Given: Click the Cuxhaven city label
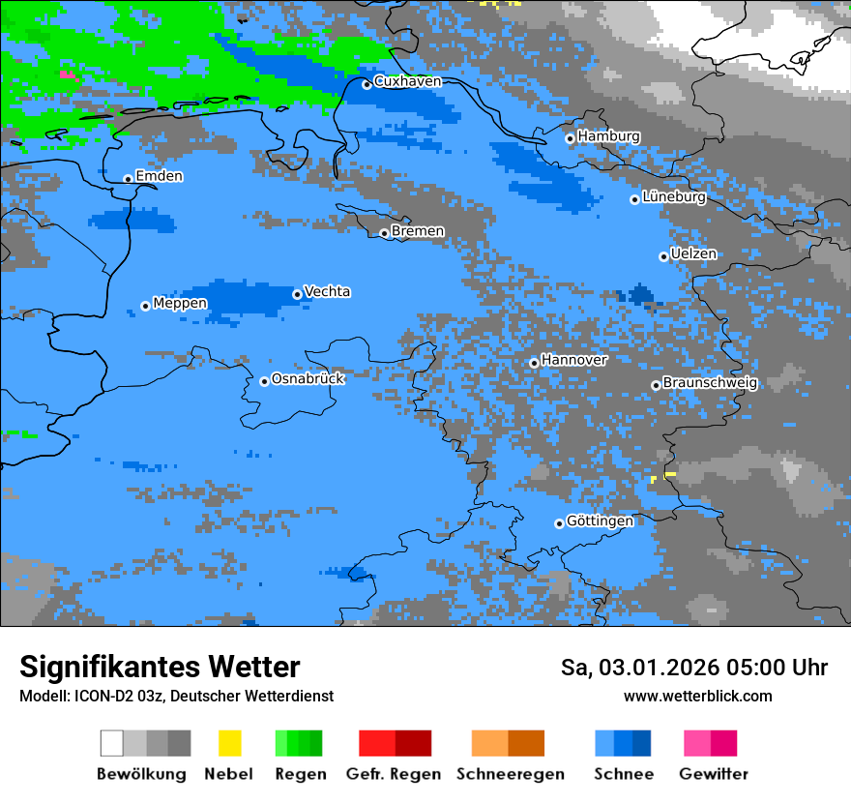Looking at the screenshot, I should click(x=407, y=81).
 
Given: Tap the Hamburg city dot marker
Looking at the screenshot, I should click(x=571, y=138).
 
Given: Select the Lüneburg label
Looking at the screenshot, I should click(x=674, y=197).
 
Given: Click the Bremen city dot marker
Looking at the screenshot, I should click(x=384, y=233).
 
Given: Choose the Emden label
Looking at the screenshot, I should click(x=159, y=176).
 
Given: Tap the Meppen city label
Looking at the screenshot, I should click(x=180, y=304).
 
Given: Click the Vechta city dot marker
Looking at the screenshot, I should click(x=297, y=294).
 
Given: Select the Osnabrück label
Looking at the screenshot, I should click(x=308, y=379).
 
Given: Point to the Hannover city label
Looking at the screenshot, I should click(x=574, y=360).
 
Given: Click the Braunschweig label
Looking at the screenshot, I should click(x=710, y=383).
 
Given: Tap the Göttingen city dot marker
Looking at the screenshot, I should click(x=559, y=523).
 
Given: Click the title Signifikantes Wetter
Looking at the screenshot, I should click(x=160, y=667).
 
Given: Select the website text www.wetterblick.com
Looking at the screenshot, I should click(x=697, y=696).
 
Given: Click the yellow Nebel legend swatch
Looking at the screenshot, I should click(x=229, y=743).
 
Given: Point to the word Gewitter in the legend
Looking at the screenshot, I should click(x=714, y=774).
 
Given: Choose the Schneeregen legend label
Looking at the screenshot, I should click(x=511, y=774).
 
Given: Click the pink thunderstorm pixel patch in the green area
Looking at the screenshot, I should click(x=67, y=74).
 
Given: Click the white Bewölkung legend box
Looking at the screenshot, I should click(x=112, y=743).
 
